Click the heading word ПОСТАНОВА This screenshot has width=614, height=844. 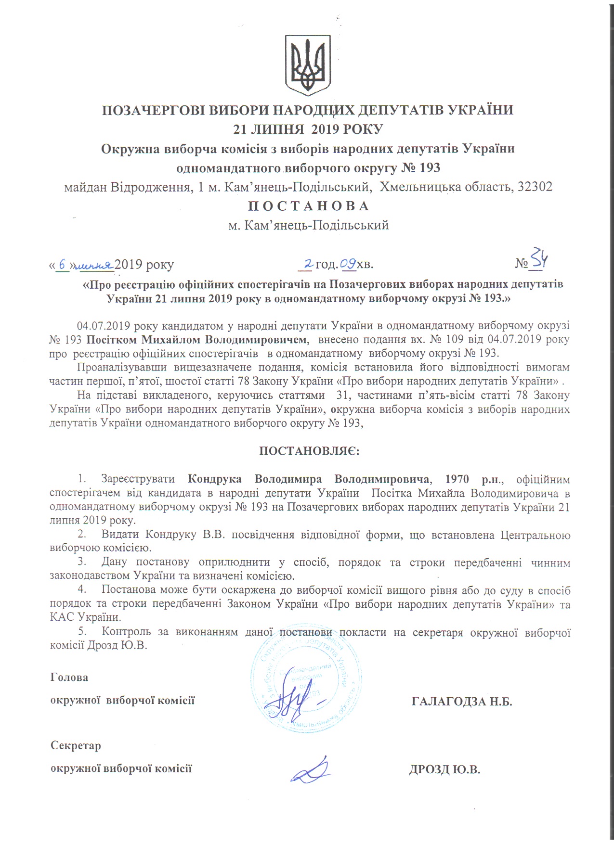(x=309, y=206)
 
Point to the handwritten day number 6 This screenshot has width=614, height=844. (x=62, y=264)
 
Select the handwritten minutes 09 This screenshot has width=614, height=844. (x=348, y=264)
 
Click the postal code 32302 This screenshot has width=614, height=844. (x=535, y=187)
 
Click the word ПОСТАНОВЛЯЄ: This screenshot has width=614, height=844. (x=309, y=451)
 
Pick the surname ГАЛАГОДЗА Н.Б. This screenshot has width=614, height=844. (x=461, y=701)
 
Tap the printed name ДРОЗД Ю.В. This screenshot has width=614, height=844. (x=445, y=769)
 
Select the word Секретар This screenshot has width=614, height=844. (x=76, y=746)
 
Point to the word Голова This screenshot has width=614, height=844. (x=69, y=678)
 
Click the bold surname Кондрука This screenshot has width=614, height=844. (x=217, y=479)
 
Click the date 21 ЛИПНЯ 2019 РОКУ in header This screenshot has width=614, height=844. (x=308, y=129)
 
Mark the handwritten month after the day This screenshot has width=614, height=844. (x=95, y=265)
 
